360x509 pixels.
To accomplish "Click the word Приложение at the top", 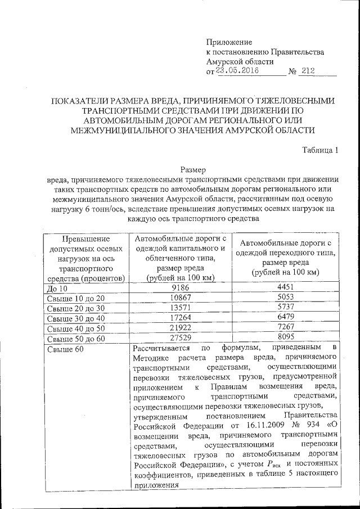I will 229,42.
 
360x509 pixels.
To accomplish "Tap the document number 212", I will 308,71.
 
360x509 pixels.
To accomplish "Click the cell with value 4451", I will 285,287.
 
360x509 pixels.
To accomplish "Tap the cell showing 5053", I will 285,297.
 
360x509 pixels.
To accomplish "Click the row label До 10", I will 56,288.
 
